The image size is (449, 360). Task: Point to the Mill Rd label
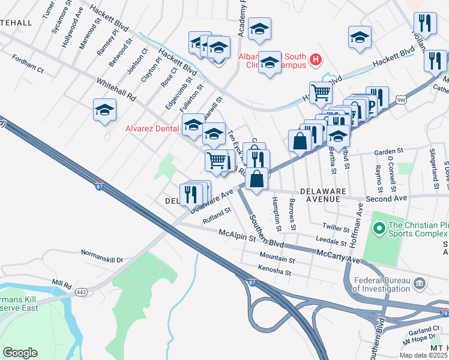click(x=62, y=282)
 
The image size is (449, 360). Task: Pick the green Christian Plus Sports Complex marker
click(x=379, y=228)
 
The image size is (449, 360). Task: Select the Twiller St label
click(x=336, y=229)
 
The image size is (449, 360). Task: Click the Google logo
click(x=20, y=353)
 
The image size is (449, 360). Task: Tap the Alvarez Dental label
click(x=151, y=128)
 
